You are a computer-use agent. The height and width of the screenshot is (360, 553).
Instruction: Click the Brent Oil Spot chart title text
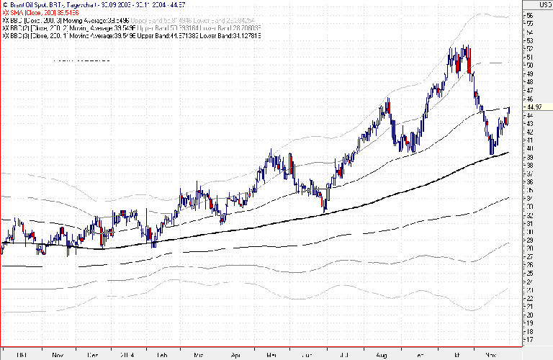coord(86,4)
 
